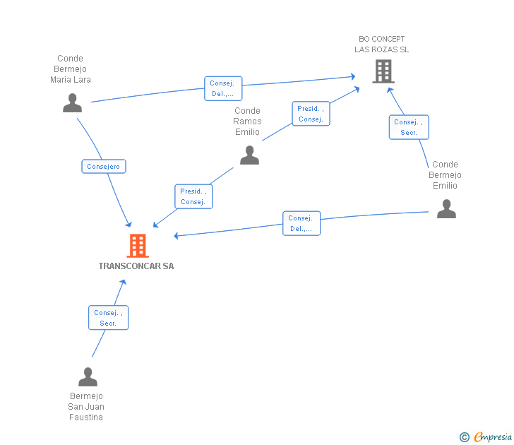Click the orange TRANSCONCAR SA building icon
pos(138,246)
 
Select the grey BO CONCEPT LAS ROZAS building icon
pos(383,71)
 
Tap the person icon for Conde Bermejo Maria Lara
pos(73,102)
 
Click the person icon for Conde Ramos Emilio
pos(249,155)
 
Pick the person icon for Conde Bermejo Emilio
pos(446,208)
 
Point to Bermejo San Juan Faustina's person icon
pos(88,376)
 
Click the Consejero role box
pos(104,166)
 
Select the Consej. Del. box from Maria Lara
pos(223,88)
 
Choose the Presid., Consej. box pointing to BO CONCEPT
pos(311,114)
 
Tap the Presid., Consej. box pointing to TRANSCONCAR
pos(193,196)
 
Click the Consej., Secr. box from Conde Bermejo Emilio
pos(409,127)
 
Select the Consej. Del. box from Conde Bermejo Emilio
pos(301,223)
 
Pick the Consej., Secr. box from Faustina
pos(108,318)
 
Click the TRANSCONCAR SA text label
pos(136,266)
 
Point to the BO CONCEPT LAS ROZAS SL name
pos(381,44)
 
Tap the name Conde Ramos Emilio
pos(247,121)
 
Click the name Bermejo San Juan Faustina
pos(86,407)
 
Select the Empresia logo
pos(493,437)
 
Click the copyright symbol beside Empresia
pos(465,437)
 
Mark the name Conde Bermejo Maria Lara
pos(70,69)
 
